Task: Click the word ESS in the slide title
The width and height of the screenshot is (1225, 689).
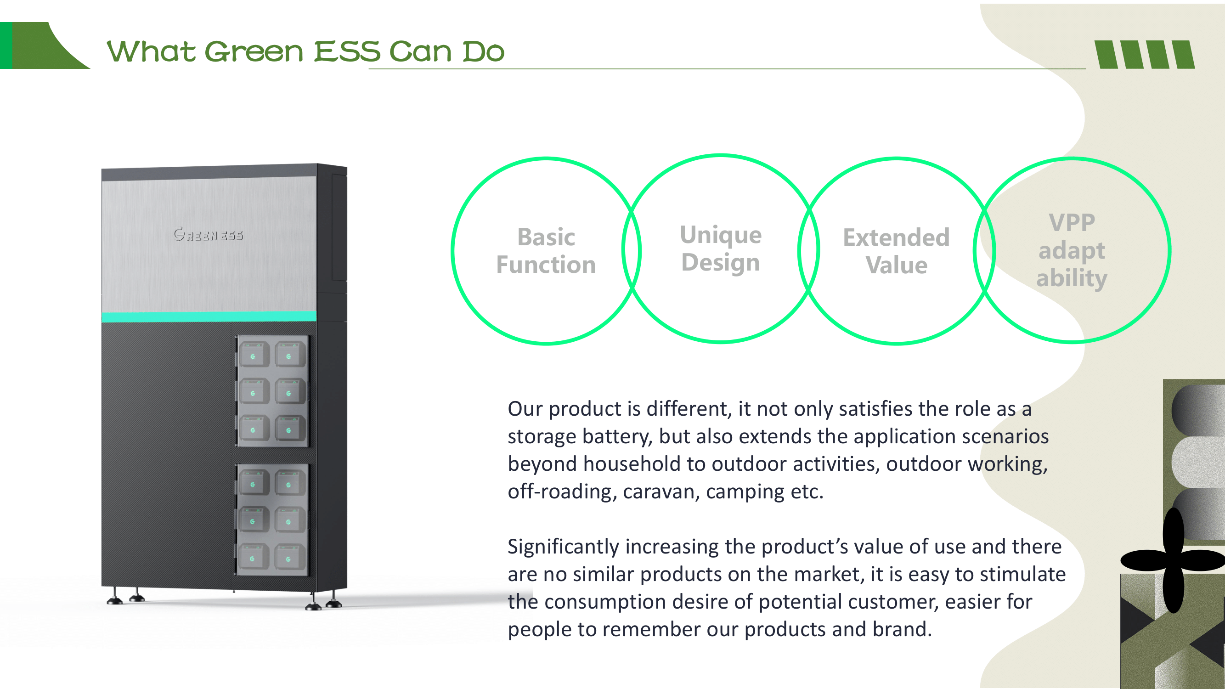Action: (347, 51)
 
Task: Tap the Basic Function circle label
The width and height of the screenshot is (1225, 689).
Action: (546, 251)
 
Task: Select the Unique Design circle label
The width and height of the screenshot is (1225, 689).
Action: (721, 248)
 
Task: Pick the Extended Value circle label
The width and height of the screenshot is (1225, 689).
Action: (897, 251)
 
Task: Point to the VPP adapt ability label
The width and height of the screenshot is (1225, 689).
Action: (1072, 250)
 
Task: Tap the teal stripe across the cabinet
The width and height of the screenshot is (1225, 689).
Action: (209, 316)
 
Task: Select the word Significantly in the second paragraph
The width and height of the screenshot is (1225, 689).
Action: (564, 547)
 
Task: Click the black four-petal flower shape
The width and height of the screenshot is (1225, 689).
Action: (1172, 560)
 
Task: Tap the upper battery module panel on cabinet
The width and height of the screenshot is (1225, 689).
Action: (272, 391)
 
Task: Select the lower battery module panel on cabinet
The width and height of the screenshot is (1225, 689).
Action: (272, 519)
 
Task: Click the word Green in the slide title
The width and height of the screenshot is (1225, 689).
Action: (254, 51)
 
